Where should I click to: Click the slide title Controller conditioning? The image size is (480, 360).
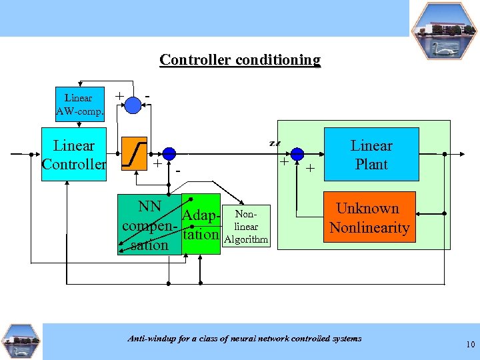(x=240, y=60)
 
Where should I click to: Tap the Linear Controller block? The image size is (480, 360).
(x=74, y=155)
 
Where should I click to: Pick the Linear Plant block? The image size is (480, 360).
(x=371, y=155)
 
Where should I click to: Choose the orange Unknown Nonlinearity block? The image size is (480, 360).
(x=369, y=217)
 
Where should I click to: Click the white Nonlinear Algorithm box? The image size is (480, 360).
(x=246, y=226)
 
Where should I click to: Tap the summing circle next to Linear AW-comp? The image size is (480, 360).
(x=133, y=104)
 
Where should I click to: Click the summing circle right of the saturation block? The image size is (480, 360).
(x=169, y=154)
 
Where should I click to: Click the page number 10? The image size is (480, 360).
(x=470, y=345)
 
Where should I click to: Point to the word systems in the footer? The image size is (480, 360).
(x=345, y=339)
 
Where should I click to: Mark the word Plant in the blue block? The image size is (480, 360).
(x=371, y=164)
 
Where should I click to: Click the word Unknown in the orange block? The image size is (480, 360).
(x=367, y=209)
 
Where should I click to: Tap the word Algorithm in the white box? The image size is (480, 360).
(x=246, y=239)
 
